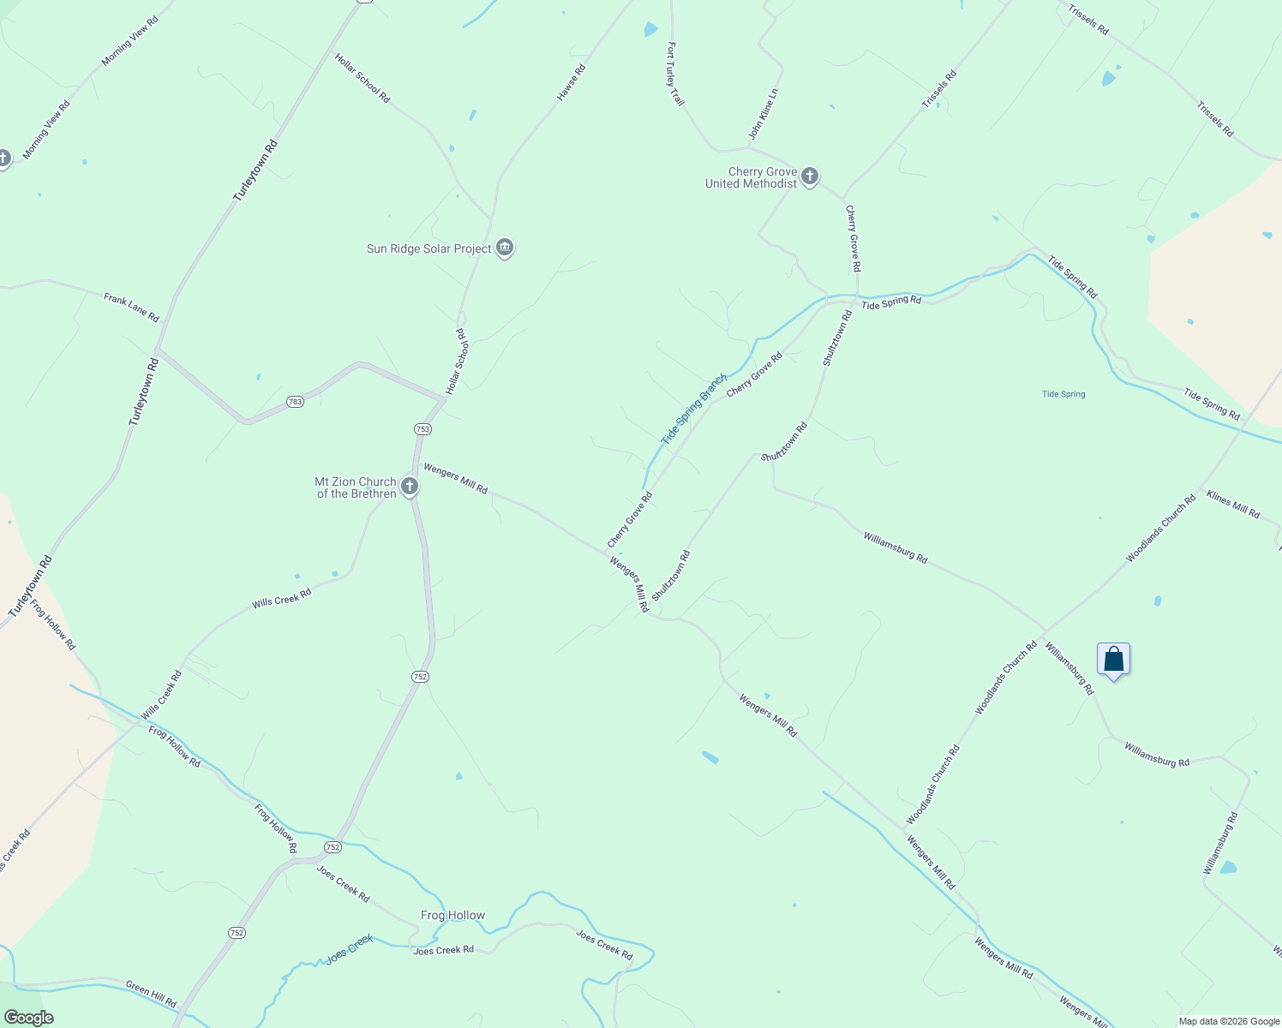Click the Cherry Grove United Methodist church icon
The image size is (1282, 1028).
(810, 177)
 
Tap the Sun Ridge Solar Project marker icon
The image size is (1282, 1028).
(505, 248)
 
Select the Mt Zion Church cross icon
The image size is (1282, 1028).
(410, 487)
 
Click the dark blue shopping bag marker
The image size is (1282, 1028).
(1113, 660)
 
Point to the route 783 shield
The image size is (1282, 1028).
(295, 402)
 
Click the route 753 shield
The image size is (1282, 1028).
(422, 429)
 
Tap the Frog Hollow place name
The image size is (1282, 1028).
(452, 915)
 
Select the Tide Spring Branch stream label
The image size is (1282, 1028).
(693, 409)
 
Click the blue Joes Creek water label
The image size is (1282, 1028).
(350, 949)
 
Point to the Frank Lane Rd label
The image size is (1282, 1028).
(131, 308)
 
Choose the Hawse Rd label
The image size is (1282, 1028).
(571, 83)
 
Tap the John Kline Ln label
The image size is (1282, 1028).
(763, 114)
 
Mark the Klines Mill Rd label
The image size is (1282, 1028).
(1232, 505)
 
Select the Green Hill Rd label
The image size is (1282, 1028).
(151, 994)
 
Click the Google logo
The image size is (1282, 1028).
(28, 1018)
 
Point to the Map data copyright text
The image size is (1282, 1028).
(1229, 1021)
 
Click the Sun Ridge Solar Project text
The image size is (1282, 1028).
(428, 248)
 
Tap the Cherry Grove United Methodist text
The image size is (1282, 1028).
(751, 177)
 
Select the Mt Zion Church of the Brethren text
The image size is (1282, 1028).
(356, 487)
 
